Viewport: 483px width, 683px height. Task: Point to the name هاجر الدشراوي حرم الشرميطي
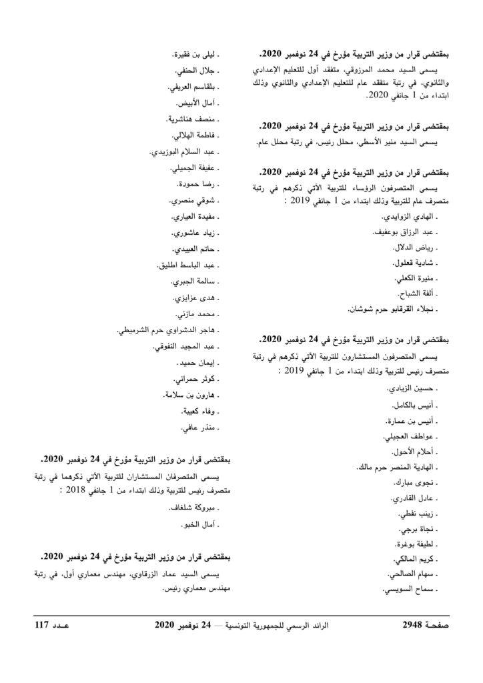[169, 329]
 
